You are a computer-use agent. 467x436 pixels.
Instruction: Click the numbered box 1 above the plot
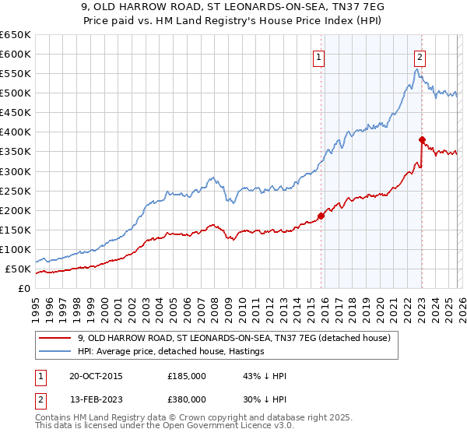tap(319, 56)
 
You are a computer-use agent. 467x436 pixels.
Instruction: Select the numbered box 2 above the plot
tap(420, 56)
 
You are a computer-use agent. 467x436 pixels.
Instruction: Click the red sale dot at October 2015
tap(321, 216)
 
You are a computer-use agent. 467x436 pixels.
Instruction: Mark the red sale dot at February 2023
tap(422, 140)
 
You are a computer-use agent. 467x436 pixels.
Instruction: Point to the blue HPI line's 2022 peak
tap(417, 69)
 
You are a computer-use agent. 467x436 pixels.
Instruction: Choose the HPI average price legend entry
tap(171, 351)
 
